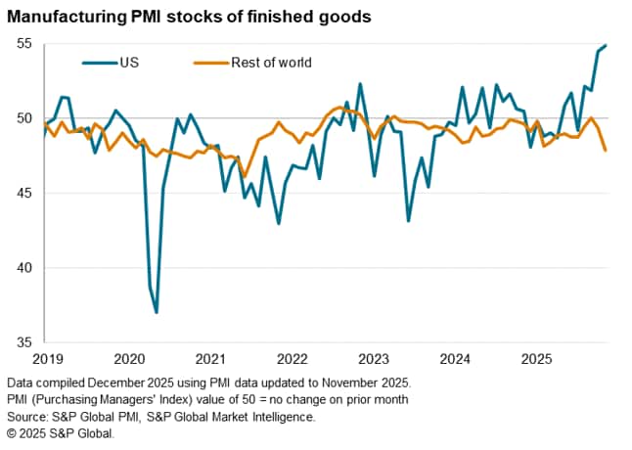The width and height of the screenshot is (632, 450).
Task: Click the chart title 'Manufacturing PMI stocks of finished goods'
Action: pyautogui.click(x=189, y=17)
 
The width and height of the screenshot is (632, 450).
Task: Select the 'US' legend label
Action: pyautogui.click(x=128, y=63)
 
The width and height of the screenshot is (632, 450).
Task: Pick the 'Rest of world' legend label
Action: pyautogui.click(x=271, y=63)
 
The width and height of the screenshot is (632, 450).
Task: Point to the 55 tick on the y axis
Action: pyautogui.click(x=23, y=45)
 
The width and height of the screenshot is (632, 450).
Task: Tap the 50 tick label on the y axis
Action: pyautogui.click(x=23, y=119)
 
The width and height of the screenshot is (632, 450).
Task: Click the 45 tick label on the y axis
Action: pyautogui.click(x=23, y=194)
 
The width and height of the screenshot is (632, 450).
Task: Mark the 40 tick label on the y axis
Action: pyautogui.click(x=23, y=268)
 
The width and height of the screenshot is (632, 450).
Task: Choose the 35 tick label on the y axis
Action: pyautogui.click(x=23, y=342)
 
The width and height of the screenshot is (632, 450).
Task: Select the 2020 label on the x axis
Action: pyautogui.click(x=129, y=359)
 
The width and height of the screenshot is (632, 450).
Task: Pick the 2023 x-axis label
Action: pyautogui.click(x=373, y=359)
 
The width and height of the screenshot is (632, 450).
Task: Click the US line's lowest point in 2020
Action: pyautogui.click(x=157, y=312)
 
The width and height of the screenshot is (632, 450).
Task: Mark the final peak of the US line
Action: pyautogui.click(x=606, y=45)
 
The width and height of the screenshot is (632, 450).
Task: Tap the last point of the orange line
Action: pyautogui.click(x=606, y=151)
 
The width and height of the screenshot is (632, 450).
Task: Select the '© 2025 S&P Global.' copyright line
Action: pyautogui.click(x=66, y=432)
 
